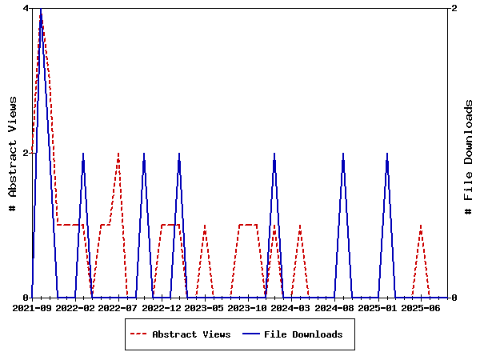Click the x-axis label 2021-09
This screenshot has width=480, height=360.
click(x=32, y=307)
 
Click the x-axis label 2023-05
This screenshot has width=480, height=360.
click(x=205, y=307)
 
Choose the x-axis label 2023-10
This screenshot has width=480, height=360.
click(x=248, y=307)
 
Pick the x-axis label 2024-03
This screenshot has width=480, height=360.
click(x=291, y=307)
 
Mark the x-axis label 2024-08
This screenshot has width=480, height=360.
click(x=334, y=307)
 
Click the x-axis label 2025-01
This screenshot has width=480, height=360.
click(x=378, y=307)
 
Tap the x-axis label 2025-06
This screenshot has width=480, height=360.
click(x=421, y=307)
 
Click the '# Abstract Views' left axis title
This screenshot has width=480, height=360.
click(x=13, y=152)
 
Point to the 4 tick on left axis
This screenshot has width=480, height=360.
click(x=26, y=8)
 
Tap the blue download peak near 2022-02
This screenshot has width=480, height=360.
click(x=83, y=154)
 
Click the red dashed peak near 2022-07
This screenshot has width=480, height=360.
click(x=118, y=154)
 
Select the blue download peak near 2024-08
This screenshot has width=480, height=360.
click(x=343, y=154)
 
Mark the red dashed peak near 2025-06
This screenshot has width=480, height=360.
click(x=421, y=226)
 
